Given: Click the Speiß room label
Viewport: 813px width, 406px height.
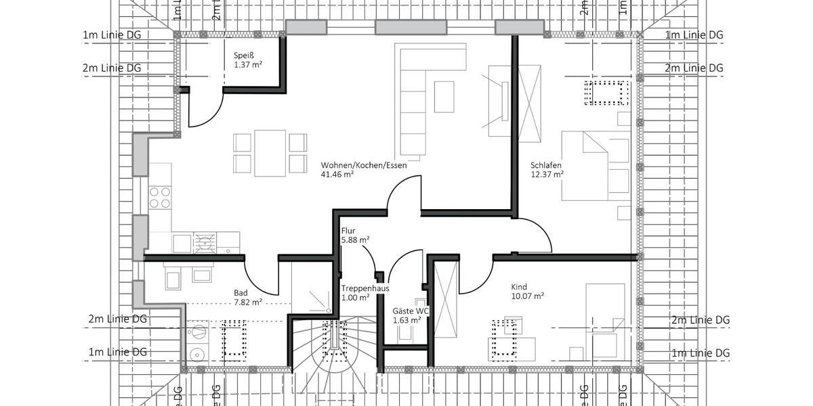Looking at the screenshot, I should tap(243, 55).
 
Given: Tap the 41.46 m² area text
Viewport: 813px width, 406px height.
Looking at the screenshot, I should tap(337, 174).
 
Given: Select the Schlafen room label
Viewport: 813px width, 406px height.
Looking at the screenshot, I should tap(546, 165).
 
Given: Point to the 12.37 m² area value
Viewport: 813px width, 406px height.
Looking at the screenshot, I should tap(547, 174).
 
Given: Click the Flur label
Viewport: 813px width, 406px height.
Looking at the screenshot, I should tap(348, 231).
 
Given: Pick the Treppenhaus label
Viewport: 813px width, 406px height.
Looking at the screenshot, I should tap(365, 288).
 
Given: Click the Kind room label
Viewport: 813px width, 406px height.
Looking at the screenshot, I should tap(519, 287).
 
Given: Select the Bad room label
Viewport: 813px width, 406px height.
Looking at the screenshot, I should tap(241, 293).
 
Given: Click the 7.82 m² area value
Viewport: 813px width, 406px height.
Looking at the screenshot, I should tap(248, 302).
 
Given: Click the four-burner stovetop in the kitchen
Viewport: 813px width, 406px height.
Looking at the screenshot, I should tap(160, 198).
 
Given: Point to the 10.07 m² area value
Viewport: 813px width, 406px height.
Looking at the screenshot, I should tap(527, 296).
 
